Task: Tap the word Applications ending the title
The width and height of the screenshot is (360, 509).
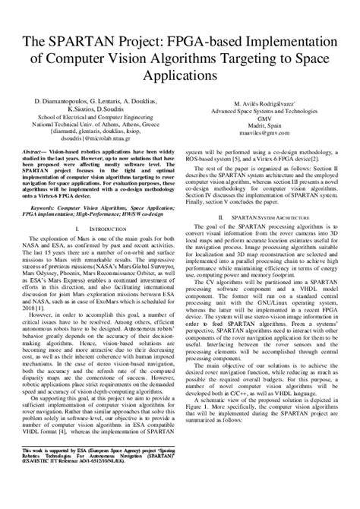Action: coord(180,77)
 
